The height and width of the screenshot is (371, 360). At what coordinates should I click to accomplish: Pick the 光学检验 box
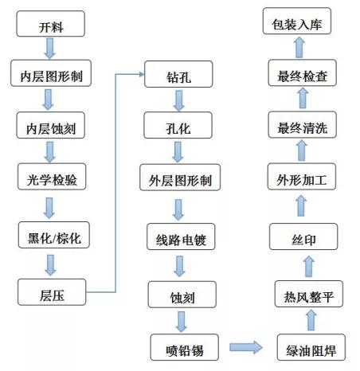tap(49, 179)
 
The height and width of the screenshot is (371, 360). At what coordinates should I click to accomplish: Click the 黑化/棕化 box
tap(49, 236)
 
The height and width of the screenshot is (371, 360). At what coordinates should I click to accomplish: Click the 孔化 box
tap(179, 126)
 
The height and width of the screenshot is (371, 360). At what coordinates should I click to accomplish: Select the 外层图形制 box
tap(179, 178)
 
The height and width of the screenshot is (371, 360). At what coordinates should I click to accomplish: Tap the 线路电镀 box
tap(179, 237)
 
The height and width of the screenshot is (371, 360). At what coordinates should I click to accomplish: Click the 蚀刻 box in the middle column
tap(179, 295)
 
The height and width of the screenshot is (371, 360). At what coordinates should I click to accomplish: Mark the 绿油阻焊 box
tap(304, 347)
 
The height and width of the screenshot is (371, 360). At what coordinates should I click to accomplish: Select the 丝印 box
tap(304, 236)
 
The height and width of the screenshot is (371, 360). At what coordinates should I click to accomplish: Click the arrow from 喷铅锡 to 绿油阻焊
tap(247, 347)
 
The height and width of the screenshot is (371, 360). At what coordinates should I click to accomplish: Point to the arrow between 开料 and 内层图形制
tap(49, 49)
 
